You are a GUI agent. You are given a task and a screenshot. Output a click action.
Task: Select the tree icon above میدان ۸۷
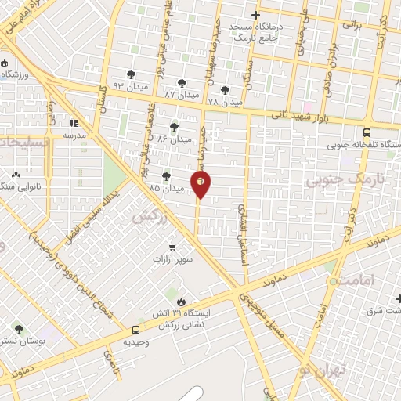click(182, 82)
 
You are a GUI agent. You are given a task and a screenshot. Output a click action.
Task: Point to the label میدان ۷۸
click(225, 102)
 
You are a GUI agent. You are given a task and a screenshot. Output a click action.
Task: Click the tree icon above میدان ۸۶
click(173, 126)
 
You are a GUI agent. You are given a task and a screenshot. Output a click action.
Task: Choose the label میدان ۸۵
click(165, 189)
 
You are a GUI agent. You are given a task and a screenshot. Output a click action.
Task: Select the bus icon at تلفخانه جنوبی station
click(368, 132)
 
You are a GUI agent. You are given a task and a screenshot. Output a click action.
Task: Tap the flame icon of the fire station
click(182, 301)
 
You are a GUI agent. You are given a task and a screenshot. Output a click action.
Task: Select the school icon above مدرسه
click(75, 123)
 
